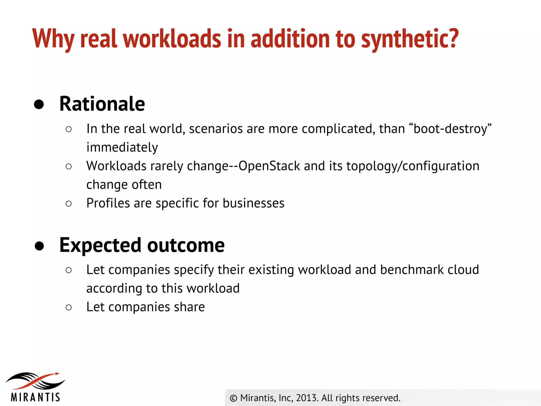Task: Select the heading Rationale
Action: (x=102, y=104)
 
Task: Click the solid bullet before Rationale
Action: (x=39, y=104)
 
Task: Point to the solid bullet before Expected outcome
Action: (x=39, y=246)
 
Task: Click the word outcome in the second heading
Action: (x=186, y=245)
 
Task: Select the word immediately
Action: (x=122, y=147)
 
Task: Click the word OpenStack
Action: (x=269, y=166)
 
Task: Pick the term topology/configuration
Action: (x=413, y=166)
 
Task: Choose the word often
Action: (x=147, y=184)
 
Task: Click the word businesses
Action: (x=253, y=203)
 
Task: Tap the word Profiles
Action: (x=108, y=203)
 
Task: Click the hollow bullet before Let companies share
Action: (x=69, y=307)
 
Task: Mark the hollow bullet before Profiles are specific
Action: (x=69, y=203)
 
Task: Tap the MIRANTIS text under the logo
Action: (x=35, y=397)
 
